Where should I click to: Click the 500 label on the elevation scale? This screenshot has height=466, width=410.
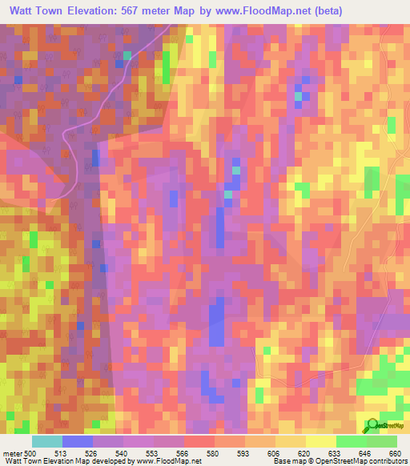tap(30, 453)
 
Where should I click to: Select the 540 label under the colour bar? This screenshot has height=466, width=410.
tap(123, 453)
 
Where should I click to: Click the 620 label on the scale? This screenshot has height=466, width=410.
tap(304, 453)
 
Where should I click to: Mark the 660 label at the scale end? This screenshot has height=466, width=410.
tap(394, 453)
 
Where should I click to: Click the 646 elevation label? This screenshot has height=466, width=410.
tap(365, 453)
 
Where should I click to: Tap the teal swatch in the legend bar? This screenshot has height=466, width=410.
tap(47, 441)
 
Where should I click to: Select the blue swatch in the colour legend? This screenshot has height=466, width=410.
tap(78, 441)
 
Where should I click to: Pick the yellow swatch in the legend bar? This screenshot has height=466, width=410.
tap(320, 441)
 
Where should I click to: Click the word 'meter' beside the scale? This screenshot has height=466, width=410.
tap(12, 453)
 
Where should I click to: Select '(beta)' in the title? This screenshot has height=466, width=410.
tap(384, 12)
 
